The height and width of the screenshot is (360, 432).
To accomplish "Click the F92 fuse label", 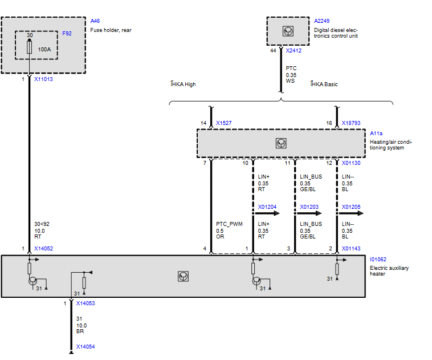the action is [67, 34].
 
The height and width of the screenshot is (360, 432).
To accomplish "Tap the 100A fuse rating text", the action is [44, 50].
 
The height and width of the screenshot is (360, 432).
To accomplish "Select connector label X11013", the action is [43, 79].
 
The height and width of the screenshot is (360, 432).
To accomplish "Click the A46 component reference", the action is [95, 21].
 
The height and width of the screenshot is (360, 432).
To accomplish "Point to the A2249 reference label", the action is [322, 21].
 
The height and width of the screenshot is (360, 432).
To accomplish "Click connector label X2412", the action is [294, 50].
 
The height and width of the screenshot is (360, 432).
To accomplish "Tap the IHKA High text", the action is [183, 84].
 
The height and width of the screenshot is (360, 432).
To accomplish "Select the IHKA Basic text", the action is [324, 84].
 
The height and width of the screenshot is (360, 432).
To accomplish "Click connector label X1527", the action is [224, 123].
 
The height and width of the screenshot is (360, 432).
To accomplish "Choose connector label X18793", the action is [351, 123].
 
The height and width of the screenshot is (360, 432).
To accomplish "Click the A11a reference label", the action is [376, 134].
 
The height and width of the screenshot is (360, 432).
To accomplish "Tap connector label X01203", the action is [309, 207].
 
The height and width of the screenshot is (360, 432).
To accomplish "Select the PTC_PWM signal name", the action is [229, 224].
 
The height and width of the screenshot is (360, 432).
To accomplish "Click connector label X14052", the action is [43, 249].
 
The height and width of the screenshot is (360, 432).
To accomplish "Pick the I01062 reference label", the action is [378, 260].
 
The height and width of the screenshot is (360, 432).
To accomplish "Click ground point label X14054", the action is [85, 347].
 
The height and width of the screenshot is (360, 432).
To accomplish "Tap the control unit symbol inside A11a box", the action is [281, 143].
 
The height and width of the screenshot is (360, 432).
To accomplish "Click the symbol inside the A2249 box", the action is [288, 31].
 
